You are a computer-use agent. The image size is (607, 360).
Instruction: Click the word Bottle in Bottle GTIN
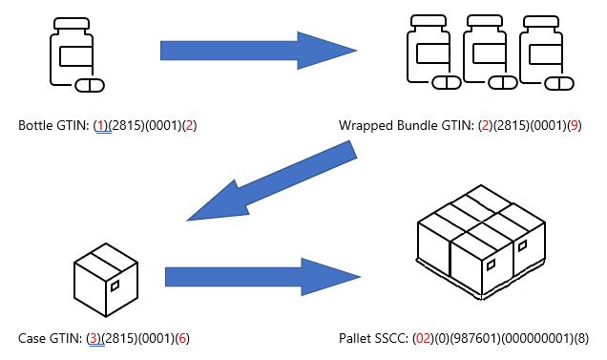[34, 126]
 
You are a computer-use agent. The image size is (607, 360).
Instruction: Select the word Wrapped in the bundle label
[364, 126]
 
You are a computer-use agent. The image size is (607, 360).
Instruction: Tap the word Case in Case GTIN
[31, 339]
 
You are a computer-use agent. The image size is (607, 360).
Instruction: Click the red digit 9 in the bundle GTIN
[574, 126]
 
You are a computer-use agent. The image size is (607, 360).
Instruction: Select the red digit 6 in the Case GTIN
[182, 339]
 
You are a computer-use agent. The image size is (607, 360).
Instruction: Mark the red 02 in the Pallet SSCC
[422, 339]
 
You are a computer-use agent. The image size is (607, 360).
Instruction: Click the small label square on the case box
[115, 286]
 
